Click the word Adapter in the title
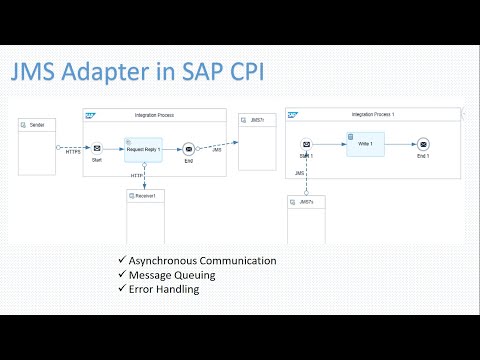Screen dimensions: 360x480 click(124, 74)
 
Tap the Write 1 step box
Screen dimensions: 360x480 click(365, 142)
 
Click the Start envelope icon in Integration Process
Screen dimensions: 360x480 click(97, 149)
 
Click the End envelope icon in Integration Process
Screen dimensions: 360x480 click(189, 149)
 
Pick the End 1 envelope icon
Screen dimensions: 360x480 click(423, 144)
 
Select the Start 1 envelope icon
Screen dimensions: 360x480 click(305, 144)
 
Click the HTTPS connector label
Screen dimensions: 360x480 click(71, 153)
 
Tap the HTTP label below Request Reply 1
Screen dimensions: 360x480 click(137, 175)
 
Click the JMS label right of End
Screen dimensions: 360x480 click(217, 149)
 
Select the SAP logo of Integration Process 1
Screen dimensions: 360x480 click(293, 115)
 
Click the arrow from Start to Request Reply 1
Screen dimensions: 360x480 click(113, 149)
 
